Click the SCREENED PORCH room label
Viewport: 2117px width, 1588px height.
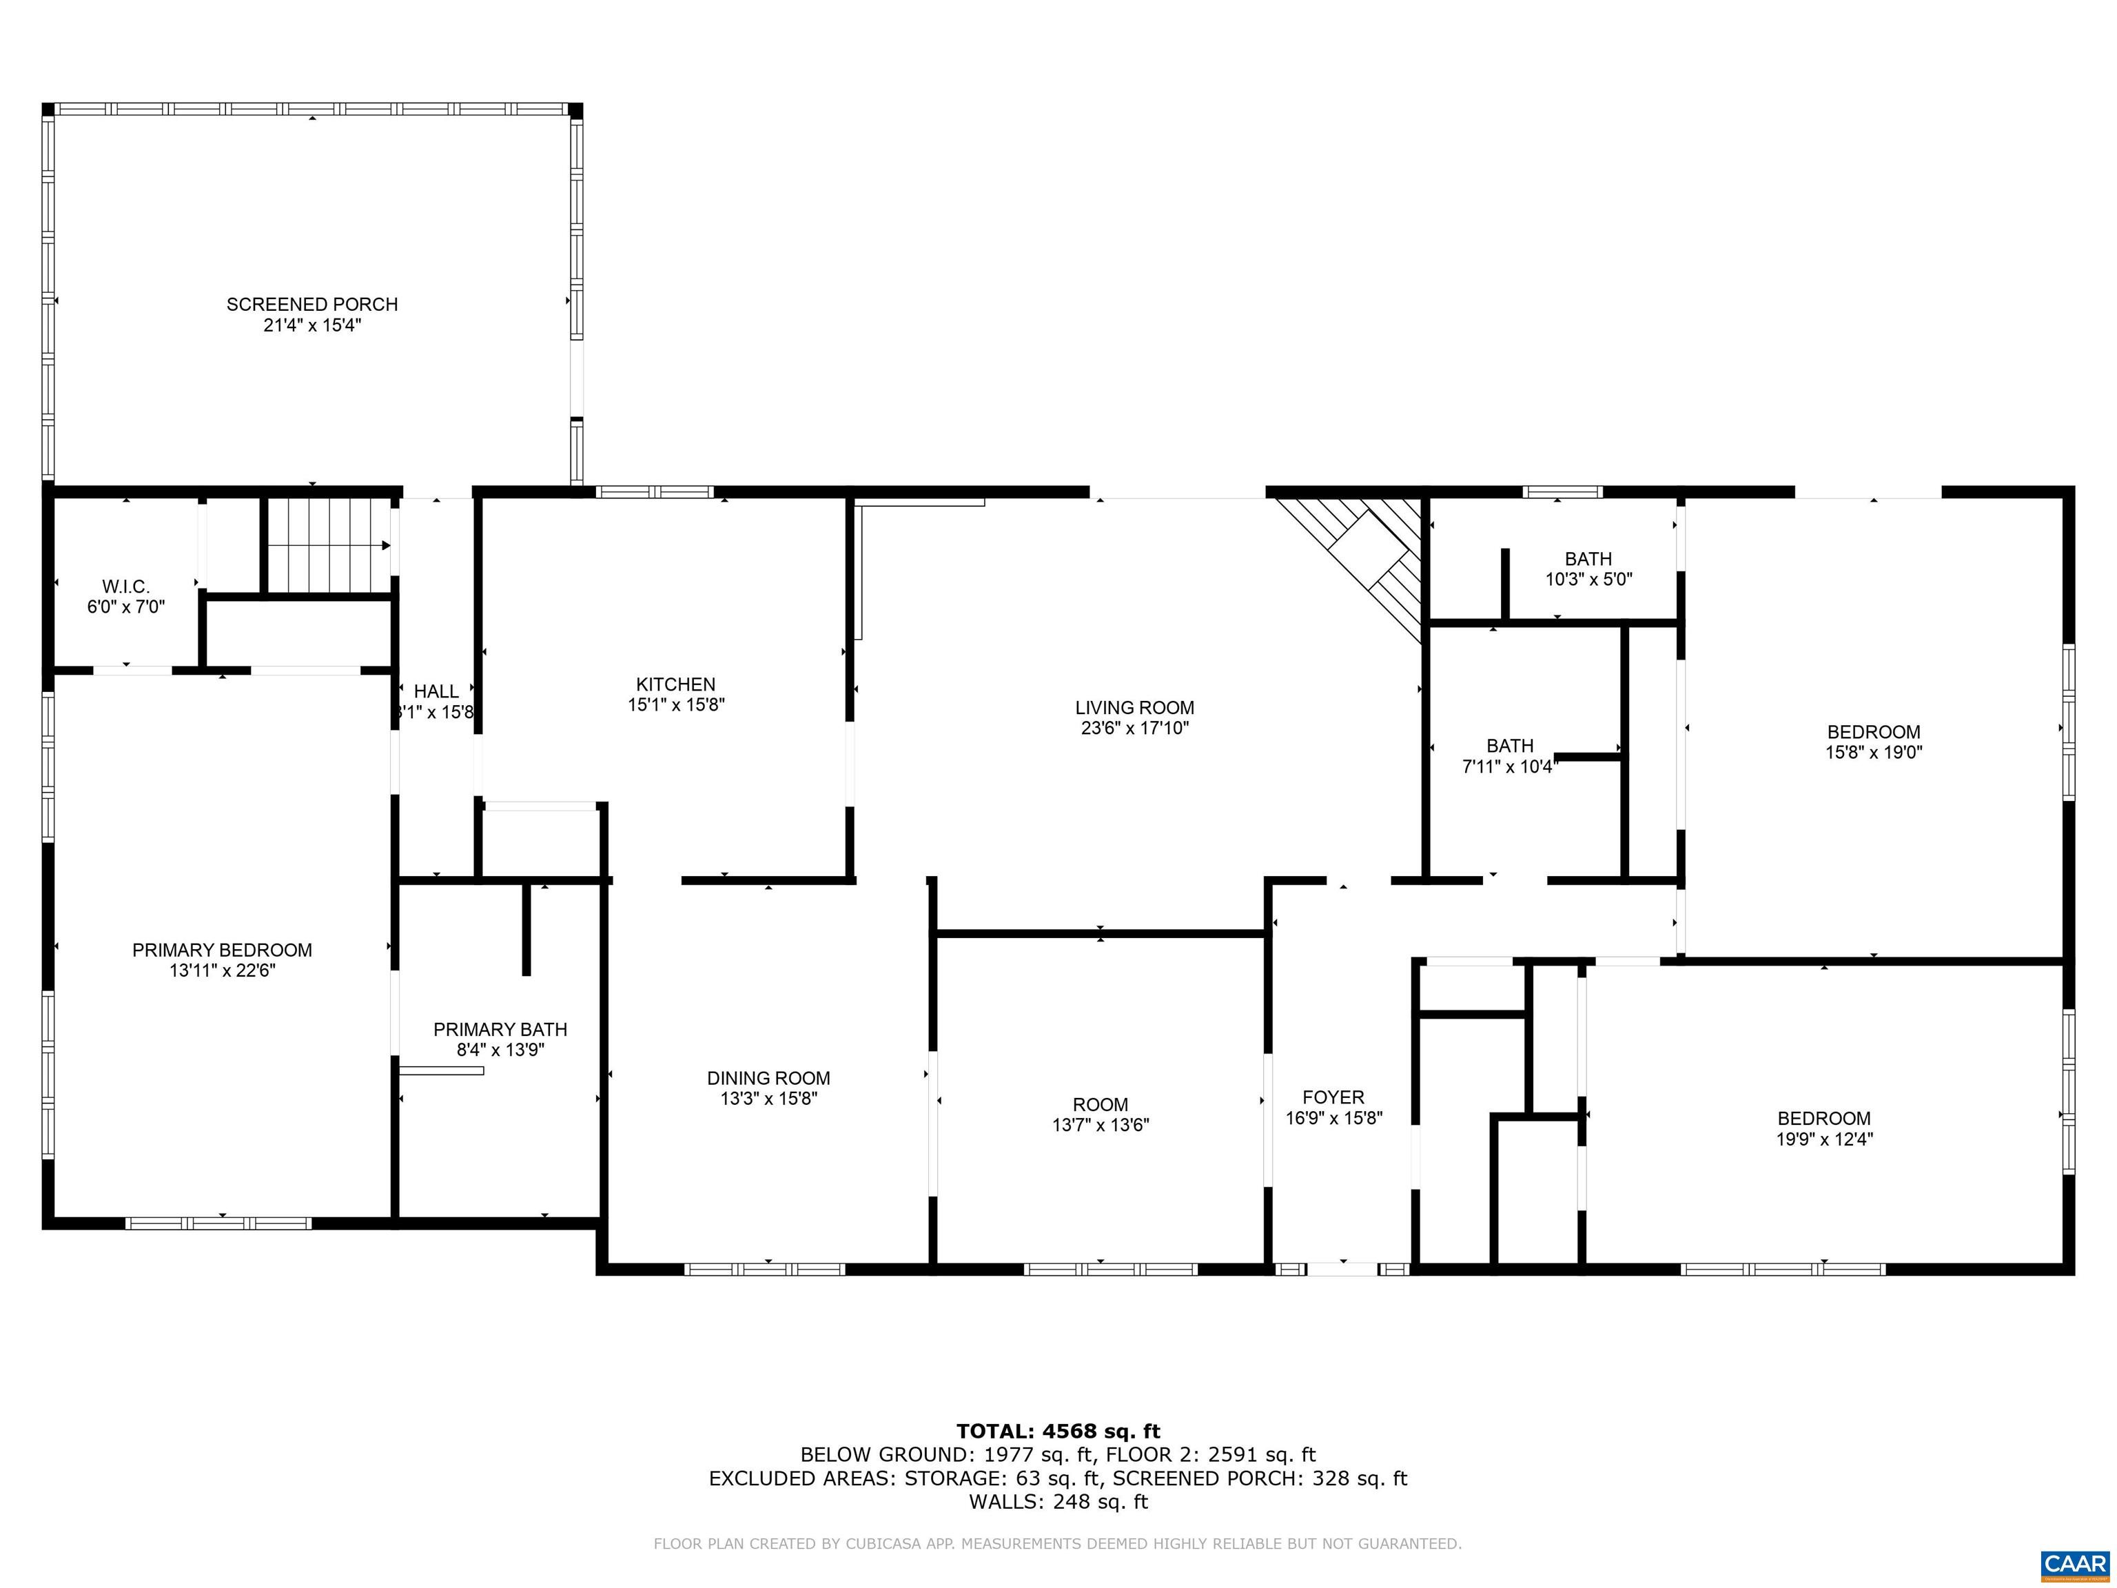pos(312,305)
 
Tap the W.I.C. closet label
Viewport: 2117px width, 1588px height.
pos(126,586)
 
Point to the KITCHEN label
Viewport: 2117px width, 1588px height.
pos(675,684)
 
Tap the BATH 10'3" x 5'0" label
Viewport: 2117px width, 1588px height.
pos(1588,569)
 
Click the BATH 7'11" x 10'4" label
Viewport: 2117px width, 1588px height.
pos(1511,755)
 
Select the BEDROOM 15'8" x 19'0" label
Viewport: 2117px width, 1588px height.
pos(1873,742)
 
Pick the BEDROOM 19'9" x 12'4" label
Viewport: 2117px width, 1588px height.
pos(1824,1128)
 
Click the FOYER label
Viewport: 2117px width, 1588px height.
pos(1333,1098)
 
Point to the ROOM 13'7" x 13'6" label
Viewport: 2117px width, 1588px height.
pos(1101,1114)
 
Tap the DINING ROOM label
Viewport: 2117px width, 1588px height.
pos(768,1078)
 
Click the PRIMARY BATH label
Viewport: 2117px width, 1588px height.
pos(500,1030)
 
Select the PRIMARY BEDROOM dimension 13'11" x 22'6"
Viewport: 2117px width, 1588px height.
pos(222,970)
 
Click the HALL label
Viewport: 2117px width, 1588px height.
pos(436,691)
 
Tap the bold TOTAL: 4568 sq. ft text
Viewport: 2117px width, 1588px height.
pos(1058,1431)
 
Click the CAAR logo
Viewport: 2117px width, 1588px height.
pos(2074,1564)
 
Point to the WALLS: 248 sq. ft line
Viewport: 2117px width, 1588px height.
pos(1058,1501)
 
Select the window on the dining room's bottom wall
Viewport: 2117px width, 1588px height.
pos(765,1270)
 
